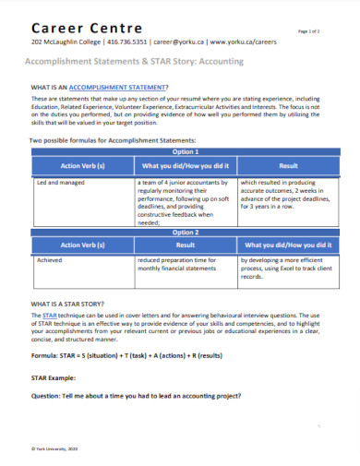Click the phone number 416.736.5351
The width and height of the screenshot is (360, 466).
pos(127,42)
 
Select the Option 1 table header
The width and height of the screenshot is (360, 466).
pos(186,151)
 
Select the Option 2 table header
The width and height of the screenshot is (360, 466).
pos(186,233)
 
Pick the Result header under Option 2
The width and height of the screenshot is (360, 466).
pos(186,246)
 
